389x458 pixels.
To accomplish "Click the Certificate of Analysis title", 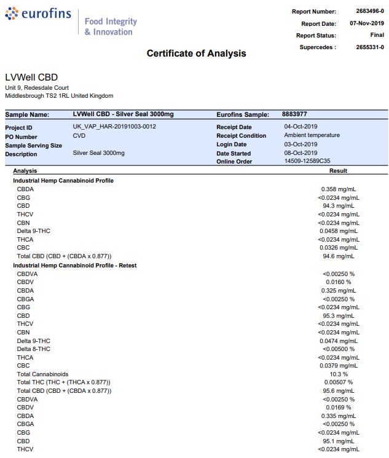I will (196, 53).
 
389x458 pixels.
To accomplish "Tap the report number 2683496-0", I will (369, 12).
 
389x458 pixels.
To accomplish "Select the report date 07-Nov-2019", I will (367, 23).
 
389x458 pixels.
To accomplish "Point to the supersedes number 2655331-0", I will (369, 47).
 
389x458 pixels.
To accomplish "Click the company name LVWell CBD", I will (31, 77).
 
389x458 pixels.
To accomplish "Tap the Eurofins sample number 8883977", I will (294, 114).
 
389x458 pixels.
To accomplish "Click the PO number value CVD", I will (79, 135).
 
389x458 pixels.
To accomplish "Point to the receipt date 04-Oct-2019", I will (301, 127).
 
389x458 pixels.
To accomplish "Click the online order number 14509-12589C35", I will (307, 161).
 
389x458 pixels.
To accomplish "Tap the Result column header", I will (338, 171).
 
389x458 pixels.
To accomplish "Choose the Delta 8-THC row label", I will (34, 349).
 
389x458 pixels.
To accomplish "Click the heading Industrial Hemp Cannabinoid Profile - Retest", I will (74, 265).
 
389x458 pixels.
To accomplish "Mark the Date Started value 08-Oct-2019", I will (301, 152).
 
